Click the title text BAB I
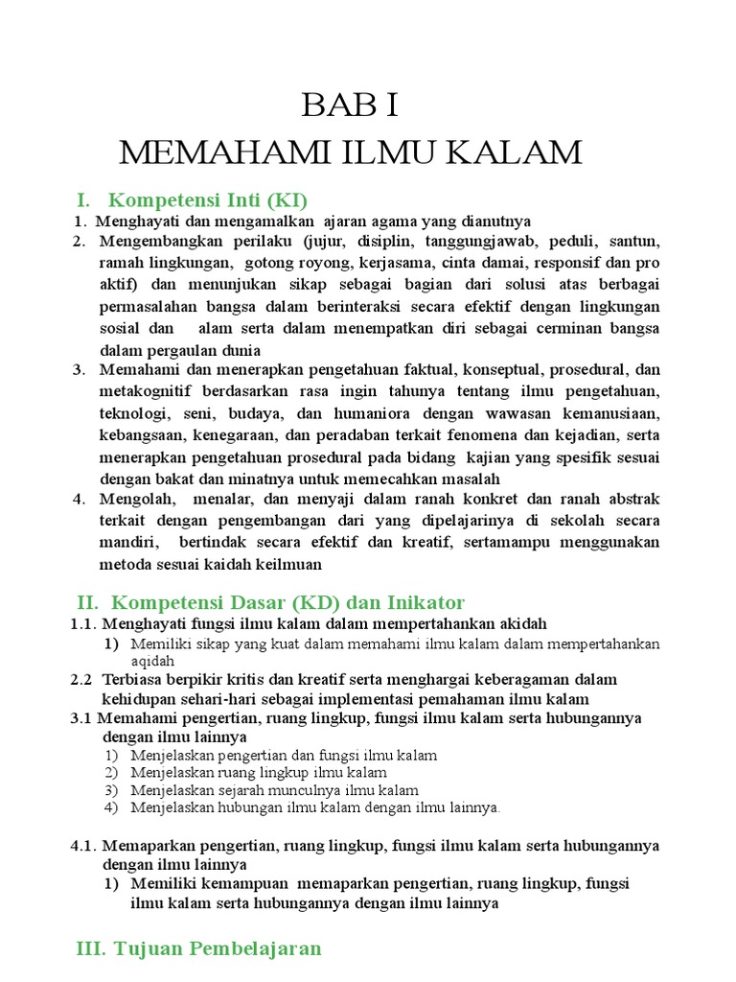(x=349, y=105)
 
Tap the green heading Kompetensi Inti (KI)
(x=208, y=200)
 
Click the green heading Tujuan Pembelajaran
(x=218, y=949)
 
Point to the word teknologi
(x=131, y=413)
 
